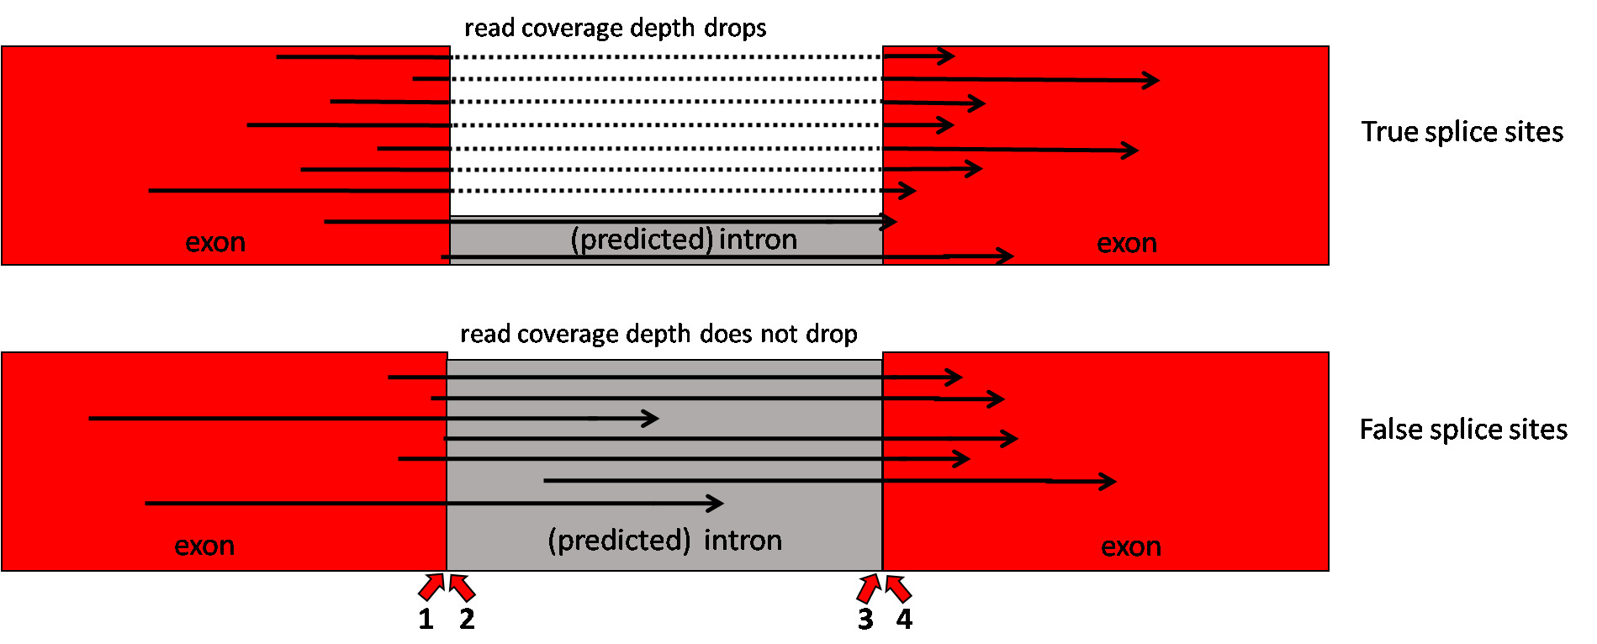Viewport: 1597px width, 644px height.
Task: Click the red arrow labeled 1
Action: click(x=431, y=587)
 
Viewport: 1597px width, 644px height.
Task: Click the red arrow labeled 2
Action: click(x=462, y=587)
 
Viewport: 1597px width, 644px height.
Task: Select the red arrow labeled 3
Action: click(x=869, y=588)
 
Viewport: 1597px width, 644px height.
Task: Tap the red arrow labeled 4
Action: click(x=898, y=588)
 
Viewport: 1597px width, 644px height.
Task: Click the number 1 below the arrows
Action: click(x=426, y=620)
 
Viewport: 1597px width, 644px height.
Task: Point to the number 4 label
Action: click(x=904, y=620)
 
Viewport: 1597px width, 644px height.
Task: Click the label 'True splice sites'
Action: click(x=1462, y=132)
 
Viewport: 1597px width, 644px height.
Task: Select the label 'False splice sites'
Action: click(x=1463, y=430)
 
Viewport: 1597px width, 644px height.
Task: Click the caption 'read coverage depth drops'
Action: click(x=616, y=28)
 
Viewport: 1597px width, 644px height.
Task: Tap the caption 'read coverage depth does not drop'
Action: click(x=658, y=334)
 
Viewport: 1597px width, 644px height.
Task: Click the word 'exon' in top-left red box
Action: click(x=215, y=242)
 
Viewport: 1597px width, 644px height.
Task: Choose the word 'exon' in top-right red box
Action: click(x=1127, y=243)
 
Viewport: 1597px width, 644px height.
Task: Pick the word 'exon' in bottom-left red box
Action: click(x=204, y=546)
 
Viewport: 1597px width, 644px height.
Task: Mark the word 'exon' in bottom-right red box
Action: click(x=1131, y=546)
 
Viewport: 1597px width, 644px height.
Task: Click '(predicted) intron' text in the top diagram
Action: click(x=684, y=240)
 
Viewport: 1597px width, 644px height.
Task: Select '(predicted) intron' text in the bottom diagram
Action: click(x=665, y=540)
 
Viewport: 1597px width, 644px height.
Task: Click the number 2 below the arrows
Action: click(x=467, y=620)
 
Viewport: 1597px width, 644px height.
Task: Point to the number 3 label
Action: click(x=865, y=620)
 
